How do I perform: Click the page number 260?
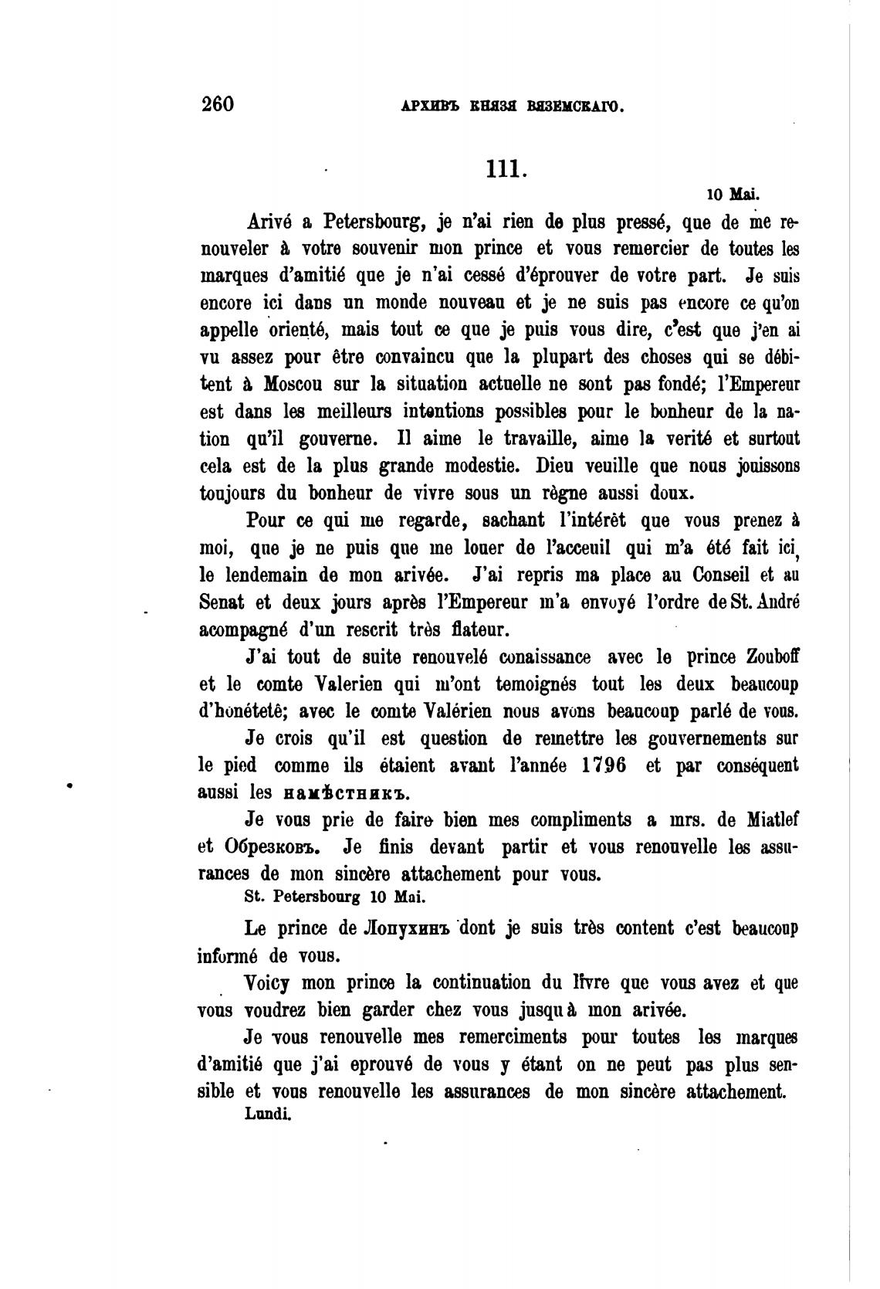pyautogui.click(x=216, y=103)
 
